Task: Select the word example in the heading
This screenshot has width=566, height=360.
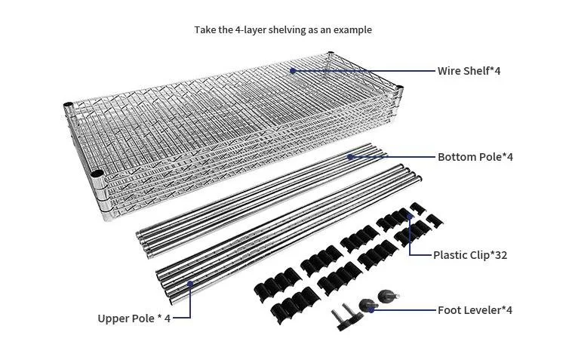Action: pyautogui.click(x=353, y=30)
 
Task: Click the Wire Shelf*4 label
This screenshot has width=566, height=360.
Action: pyautogui.click(x=469, y=71)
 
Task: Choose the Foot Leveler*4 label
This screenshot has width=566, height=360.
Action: pyautogui.click(x=475, y=310)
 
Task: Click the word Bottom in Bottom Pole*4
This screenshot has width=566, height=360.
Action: pyautogui.click(x=456, y=157)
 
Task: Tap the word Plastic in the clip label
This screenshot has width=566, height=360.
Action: pyautogui.click(x=451, y=255)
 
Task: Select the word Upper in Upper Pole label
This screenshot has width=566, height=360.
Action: pyautogui.click(x=113, y=318)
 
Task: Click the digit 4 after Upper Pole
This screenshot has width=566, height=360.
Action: pyautogui.click(x=168, y=318)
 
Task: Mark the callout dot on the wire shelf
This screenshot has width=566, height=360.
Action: pyautogui.click(x=292, y=70)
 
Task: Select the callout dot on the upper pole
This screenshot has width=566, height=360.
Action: pyautogui.click(x=190, y=285)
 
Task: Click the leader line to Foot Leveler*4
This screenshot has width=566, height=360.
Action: pyautogui.click(x=404, y=309)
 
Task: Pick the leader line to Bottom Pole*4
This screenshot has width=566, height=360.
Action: pyautogui.click(x=392, y=157)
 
